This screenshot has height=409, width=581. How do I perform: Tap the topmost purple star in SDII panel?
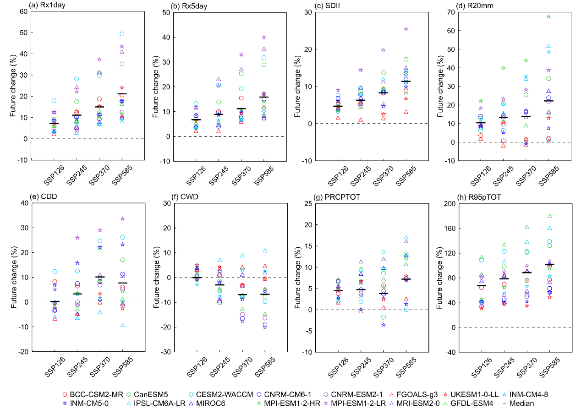tap(406, 29)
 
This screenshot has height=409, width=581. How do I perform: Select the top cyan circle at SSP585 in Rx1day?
tap(122, 34)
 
